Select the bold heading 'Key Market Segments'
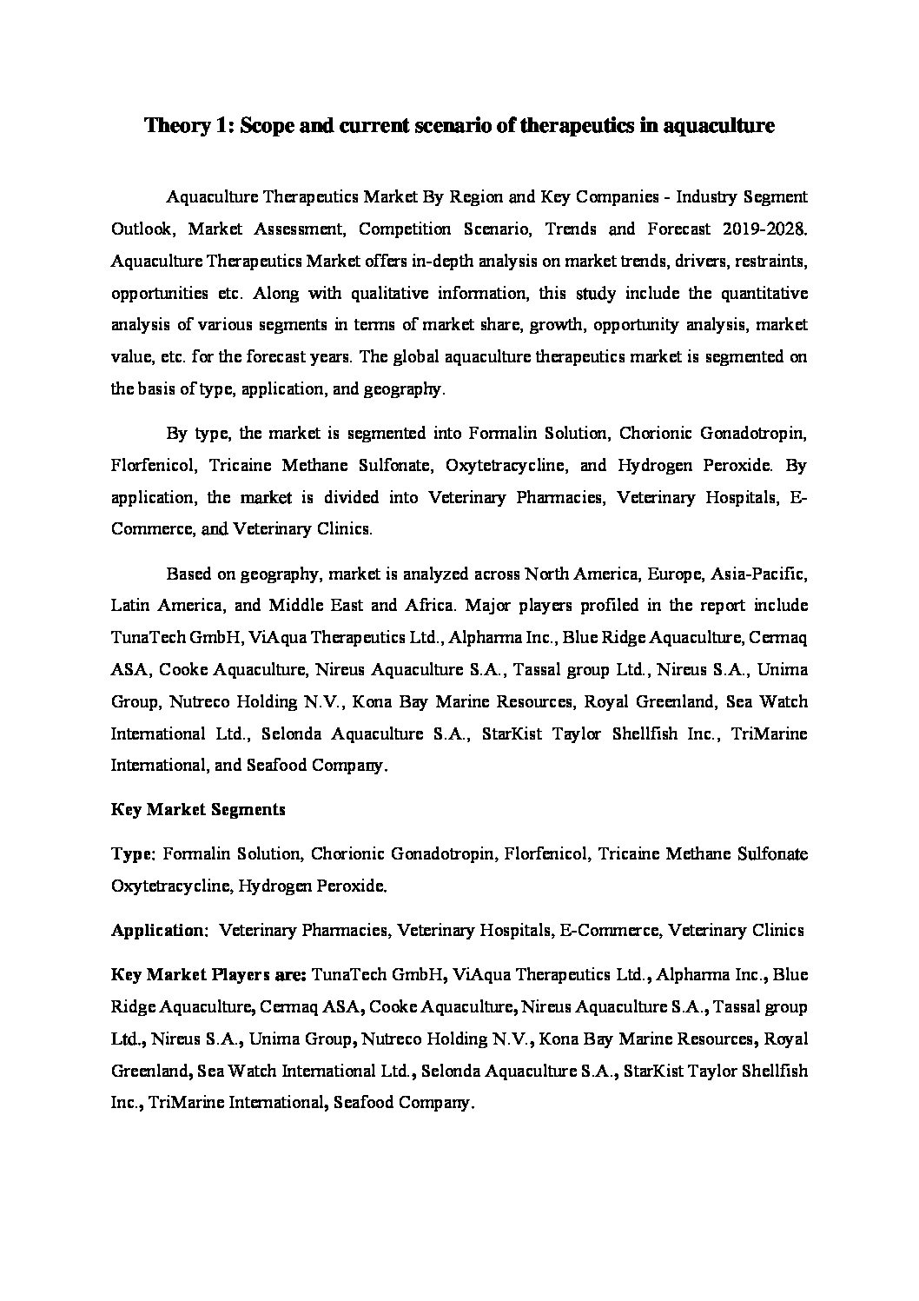coord(198,809)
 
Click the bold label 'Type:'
coord(133,854)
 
